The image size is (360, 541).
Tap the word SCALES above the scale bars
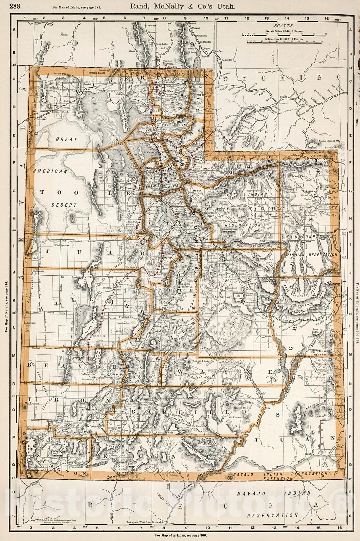click(x=284, y=25)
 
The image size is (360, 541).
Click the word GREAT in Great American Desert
click(x=67, y=139)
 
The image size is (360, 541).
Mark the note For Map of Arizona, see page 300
click(x=180, y=535)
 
